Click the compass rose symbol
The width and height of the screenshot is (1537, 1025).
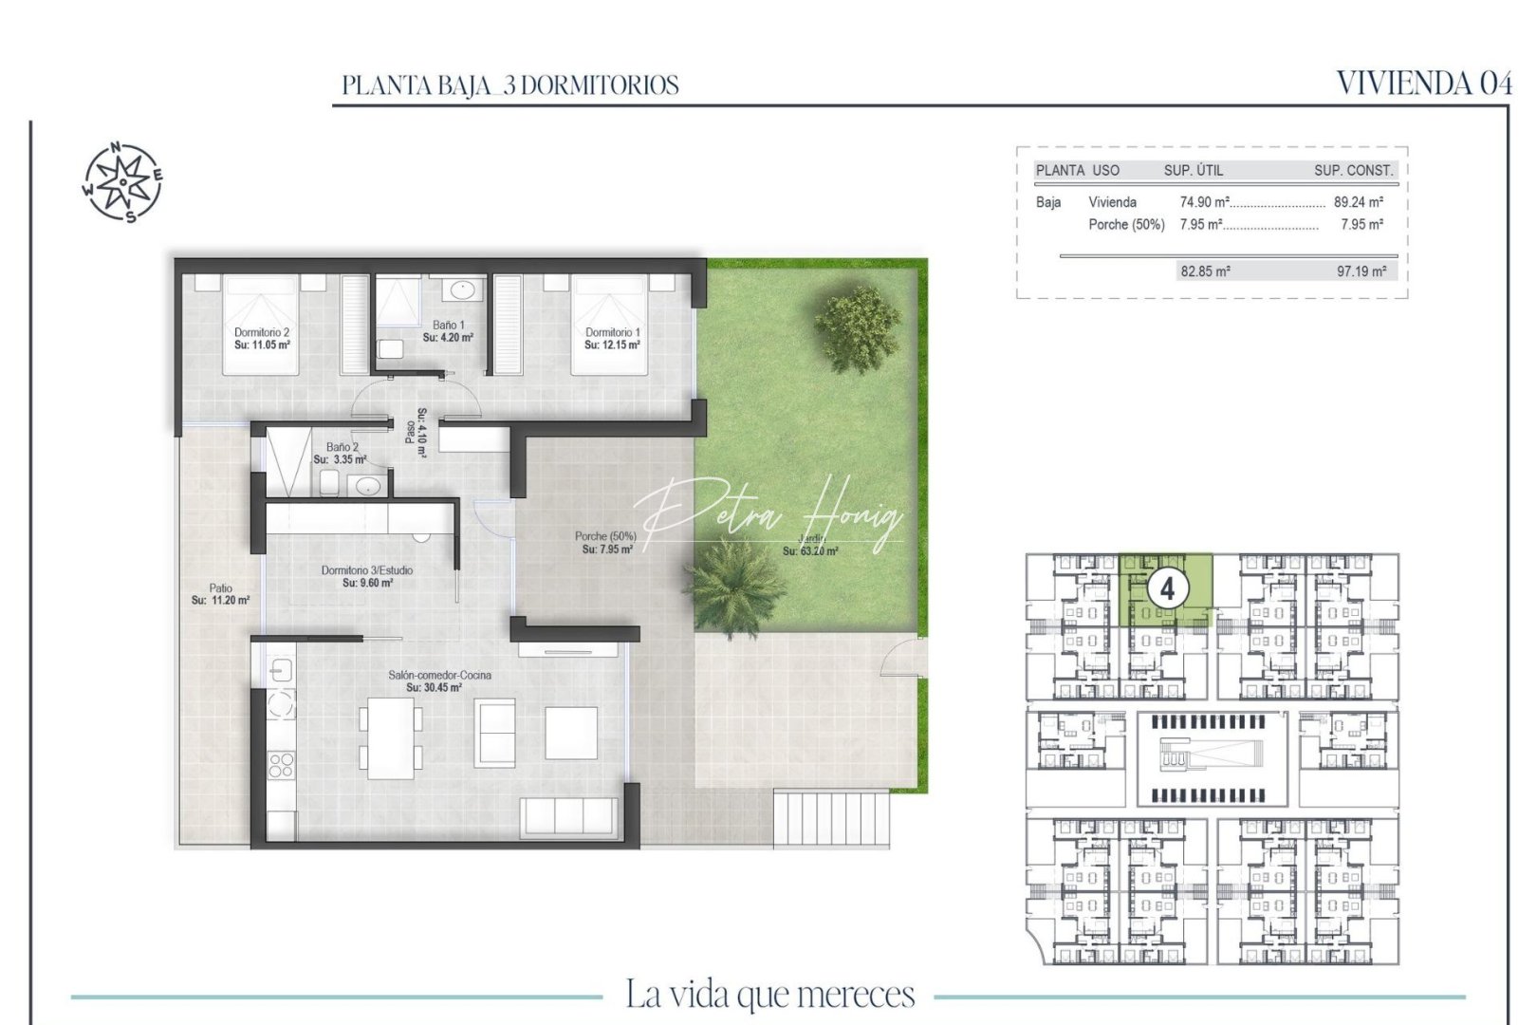pyautogui.click(x=122, y=181)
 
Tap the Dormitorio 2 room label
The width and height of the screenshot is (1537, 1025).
pyautogui.click(x=262, y=339)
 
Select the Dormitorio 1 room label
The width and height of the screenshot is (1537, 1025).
pyautogui.click(x=612, y=339)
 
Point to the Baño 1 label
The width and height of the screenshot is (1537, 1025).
pyautogui.click(x=448, y=331)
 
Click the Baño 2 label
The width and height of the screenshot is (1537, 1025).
pyautogui.click(x=342, y=453)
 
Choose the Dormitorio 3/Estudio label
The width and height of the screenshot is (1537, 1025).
pyautogui.click(x=367, y=576)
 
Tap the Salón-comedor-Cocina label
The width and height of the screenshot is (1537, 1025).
pyautogui.click(x=438, y=680)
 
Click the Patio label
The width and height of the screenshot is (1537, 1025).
pyautogui.click(x=220, y=594)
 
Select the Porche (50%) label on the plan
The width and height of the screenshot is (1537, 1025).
pyautogui.click(x=604, y=542)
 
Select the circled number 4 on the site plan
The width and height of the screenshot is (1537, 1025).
pyautogui.click(x=1167, y=589)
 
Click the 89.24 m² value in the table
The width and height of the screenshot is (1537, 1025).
pyautogui.click(x=1358, y=202)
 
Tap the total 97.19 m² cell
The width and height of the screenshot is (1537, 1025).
pyautogui.click(x=1361, y=271)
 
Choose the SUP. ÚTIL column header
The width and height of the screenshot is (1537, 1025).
pyautogui.click(x=1194, y=171)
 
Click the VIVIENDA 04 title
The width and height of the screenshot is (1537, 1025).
pyautogui.click(x=1423, y=84)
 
